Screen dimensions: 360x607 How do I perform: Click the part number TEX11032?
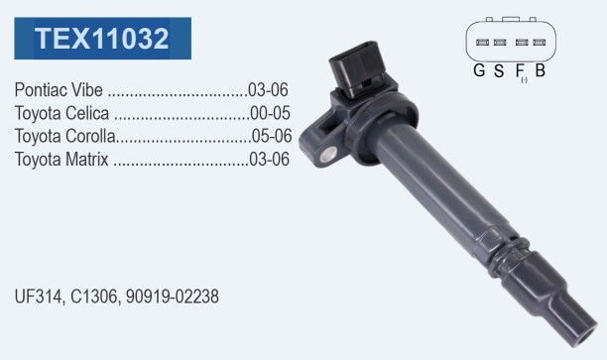tap(102, 38)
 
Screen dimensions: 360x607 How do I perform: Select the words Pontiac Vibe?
tap(60, 90)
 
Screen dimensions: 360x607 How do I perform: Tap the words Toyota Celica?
tap(62, 113)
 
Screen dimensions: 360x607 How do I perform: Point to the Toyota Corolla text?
tap(65, 136)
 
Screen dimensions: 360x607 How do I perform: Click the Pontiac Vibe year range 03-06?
tap(269, 90)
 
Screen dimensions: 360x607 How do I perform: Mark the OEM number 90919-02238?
tap(172, 297)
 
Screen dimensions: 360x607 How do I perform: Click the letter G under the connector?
tap(479, 69)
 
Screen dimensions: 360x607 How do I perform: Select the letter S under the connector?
tap(499, 69)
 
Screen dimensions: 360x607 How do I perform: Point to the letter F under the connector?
tap(520, 69)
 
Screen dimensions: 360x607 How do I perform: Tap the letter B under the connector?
tap(540, 69)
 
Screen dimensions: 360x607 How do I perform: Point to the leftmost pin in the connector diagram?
tap(480, 43)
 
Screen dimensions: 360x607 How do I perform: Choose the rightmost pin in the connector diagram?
tap(539, 43)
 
